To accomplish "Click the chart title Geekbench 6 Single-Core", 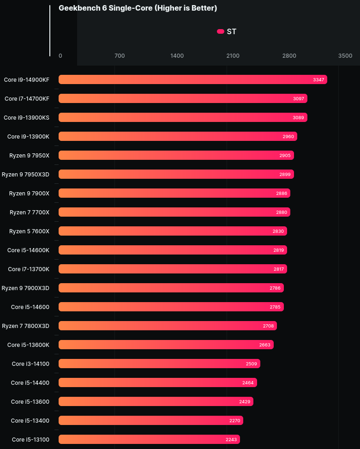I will [x=138, y=8].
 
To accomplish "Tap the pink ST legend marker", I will [x=221, y=31].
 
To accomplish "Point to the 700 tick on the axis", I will [x=119, y=56].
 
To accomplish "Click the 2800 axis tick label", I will [x=289, y=56].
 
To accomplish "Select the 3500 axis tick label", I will [x=345, y=56].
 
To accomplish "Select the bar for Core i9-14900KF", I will [x=192, y=79].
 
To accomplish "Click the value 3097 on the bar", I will [x=299, y=98].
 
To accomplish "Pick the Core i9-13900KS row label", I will [x=26, y=117].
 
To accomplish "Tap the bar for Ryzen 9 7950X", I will [x=176, y=155].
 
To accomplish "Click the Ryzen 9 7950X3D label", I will [x=25, y=174].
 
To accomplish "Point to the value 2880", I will [x=282, y=212].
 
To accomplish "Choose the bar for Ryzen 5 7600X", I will [x=173, y=231].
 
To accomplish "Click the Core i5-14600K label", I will [x=28, y=250].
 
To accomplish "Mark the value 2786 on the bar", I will [x=275, y=288].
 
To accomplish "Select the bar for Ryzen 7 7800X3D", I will [x=168, y=326].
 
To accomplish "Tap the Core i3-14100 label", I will [x=30, y=364].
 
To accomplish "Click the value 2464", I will [x=248, y=382].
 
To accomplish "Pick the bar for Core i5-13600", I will [x=156, y=401].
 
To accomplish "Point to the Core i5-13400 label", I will [x=30, y=420].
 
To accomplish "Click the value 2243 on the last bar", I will [x=231, y=439].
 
